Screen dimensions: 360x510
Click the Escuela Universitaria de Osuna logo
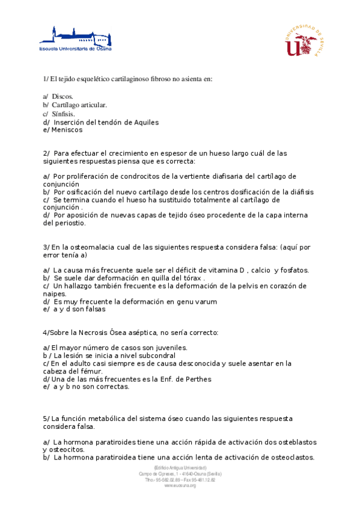[75, 38]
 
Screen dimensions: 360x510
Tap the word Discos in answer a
[63, 96]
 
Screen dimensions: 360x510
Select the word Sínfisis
[64, 113]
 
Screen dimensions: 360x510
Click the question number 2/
[47, 153]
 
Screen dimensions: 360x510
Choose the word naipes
[56, 294]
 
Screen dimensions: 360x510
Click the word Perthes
[197, 379]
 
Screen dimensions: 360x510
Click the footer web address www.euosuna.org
[180, 485]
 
